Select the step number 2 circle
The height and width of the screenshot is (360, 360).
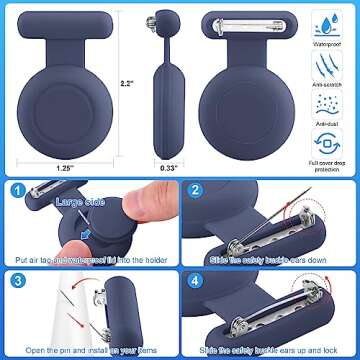195,190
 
